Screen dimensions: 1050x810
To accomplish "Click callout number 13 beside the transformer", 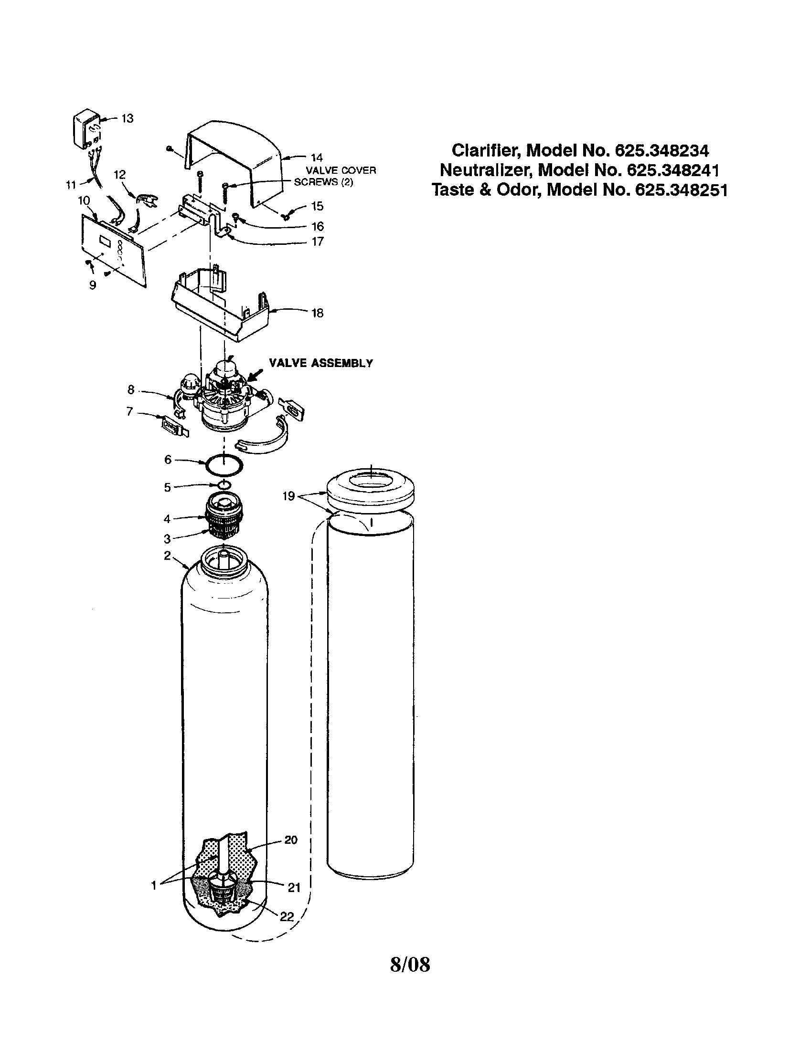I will coord(127,118).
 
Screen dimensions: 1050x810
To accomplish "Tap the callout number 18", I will coord(317,313).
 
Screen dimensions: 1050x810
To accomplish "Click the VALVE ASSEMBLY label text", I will coord(321,364).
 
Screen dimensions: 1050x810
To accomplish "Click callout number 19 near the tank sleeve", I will coord(288,496).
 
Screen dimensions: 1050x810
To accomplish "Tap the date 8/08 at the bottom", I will coord(410,964).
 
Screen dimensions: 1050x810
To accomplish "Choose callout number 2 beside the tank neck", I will coord(167,556).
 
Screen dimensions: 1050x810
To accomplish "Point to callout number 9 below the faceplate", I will coord(93,285).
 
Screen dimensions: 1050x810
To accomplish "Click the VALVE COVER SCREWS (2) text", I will coord(335,177).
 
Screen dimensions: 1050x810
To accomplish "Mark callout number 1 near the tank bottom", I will coord(154,885).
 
